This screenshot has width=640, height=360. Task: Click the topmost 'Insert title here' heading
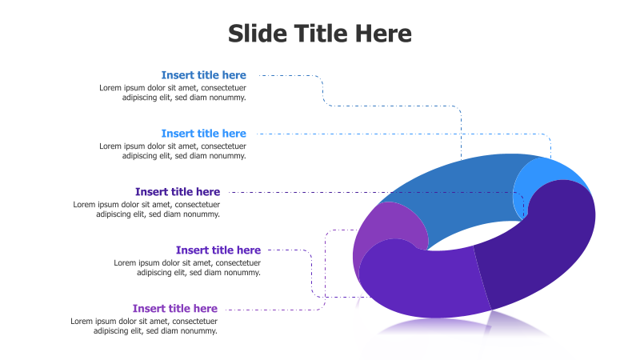coord(203,75)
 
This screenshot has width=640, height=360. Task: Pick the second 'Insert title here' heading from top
coord(203,134)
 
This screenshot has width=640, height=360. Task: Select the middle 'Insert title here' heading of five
coord(177,192)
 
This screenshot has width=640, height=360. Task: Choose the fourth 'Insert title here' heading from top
coord(218,250)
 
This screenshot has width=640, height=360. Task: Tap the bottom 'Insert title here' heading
coord(174,309)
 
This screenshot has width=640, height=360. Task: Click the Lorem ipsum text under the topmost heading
coord(172,93)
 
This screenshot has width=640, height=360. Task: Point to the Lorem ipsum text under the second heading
coord(172,151)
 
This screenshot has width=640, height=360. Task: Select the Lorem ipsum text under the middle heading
coord(146,210)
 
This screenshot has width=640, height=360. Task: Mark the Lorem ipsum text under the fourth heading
coord(186,268)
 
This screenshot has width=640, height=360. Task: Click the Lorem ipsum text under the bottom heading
coord(144,326)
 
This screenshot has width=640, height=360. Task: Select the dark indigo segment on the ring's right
coord(544,248)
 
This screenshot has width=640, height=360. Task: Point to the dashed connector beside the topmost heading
coord(288,76)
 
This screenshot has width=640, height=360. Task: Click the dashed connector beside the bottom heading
coord(272,309)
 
